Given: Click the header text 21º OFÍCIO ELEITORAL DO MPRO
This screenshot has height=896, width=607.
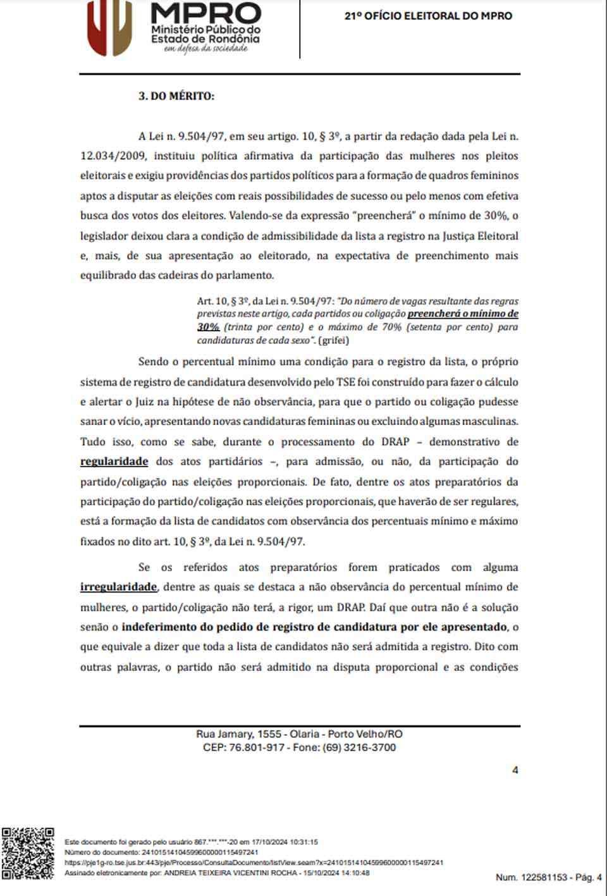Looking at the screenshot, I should click(428, 16).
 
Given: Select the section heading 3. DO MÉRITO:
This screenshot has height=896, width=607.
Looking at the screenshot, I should click(176, 96).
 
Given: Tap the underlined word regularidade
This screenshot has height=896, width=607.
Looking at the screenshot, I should click(114, 462).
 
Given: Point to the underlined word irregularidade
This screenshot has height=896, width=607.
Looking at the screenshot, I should click(118, 587).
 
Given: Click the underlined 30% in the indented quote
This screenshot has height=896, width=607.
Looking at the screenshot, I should click(208, 327).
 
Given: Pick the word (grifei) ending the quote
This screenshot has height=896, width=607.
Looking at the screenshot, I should click(333, 340).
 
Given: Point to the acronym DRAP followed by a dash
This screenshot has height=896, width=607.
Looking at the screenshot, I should click(395, 441).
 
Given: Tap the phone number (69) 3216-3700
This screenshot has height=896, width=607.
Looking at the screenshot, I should click(359, 747).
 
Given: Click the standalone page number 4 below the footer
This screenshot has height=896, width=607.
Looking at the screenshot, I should click(515, 770).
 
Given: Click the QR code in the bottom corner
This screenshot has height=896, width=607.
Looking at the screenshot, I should click(28, 853).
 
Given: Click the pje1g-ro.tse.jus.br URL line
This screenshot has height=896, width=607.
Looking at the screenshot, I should click(254, 862).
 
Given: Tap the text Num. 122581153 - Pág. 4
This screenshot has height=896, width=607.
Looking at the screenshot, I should click(548, 877).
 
